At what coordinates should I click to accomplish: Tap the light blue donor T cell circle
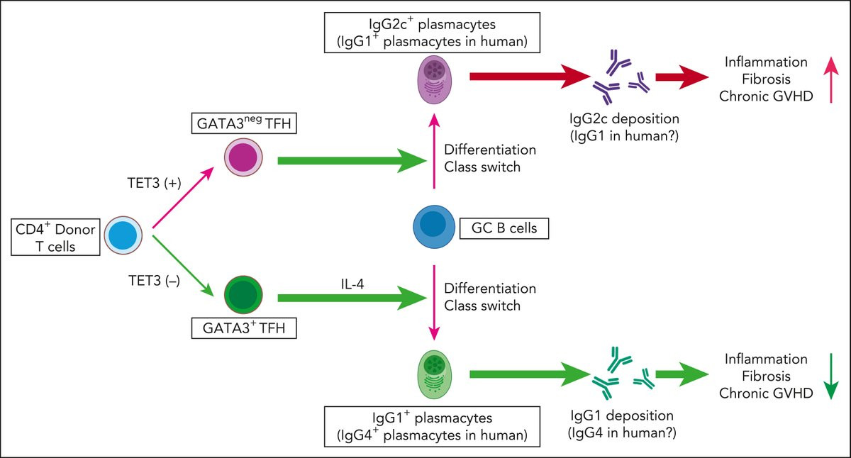click(x=124, y=236)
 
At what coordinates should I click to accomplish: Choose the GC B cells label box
click(x=505, y=228)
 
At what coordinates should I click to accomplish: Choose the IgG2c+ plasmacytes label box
click(x=434, y=32)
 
